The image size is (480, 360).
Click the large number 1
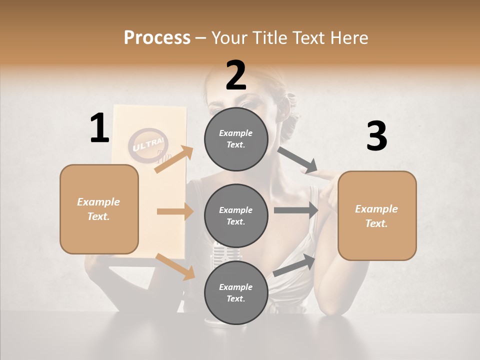point(99,128)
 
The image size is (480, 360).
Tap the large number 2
point(235,75)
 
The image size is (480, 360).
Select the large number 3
point(376,136)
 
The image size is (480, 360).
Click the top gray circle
point(236,138)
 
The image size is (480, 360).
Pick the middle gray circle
point(236,215)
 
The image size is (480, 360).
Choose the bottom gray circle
point(236,292)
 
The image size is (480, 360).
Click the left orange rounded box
point(99,209)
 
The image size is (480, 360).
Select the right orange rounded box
point(377,215)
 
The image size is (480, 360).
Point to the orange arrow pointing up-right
point(174,159)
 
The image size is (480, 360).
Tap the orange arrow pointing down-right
point(175,266)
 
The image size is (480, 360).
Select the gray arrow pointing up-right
point(294,265)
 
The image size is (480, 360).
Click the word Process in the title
point(157,37)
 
